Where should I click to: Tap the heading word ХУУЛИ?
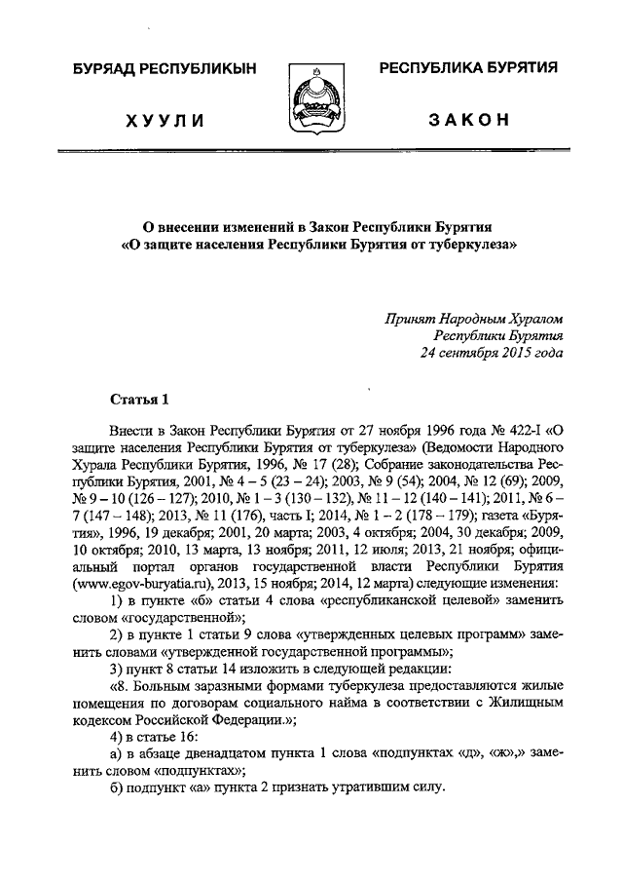pos(164,121)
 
